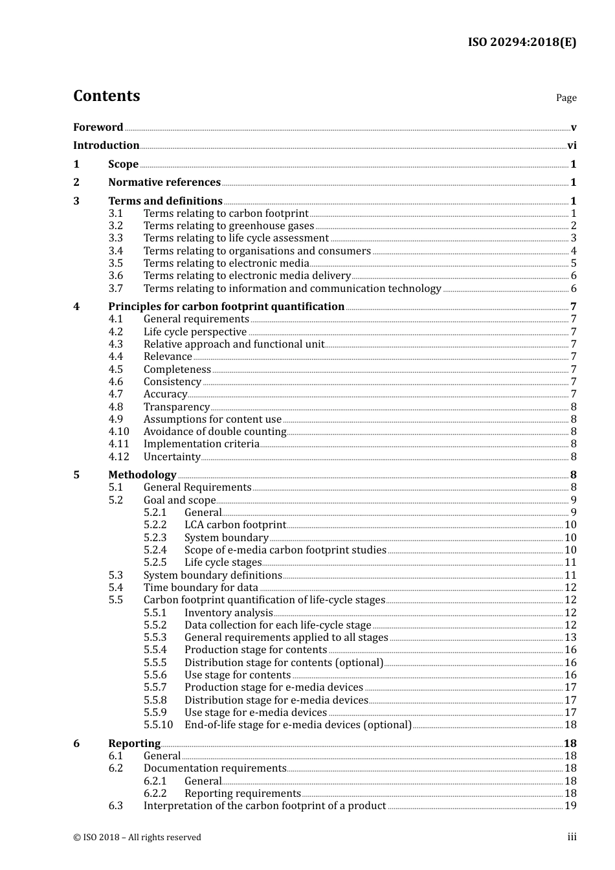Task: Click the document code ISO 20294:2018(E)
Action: [522, 42]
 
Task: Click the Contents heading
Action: [106, 96]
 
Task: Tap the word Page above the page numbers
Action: [566, 98]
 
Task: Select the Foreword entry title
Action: [98, 128]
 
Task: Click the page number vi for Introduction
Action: [572, 146]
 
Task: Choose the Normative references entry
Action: [164, 183]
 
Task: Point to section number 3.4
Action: [115, 251]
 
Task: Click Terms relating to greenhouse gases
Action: [229, 226]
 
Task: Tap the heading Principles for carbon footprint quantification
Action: [226, 307]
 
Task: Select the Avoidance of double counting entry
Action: [215, 432]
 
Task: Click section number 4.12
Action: [118, 457]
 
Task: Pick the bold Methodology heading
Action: [142, 475]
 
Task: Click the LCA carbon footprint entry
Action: [235, 525]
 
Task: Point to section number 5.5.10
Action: [158, 725]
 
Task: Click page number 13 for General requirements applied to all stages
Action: [570, 638]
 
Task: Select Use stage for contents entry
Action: [238, 675]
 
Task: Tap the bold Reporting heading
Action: [134, 744]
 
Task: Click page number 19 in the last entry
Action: [570, 806]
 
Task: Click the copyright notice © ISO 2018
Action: [137, 838]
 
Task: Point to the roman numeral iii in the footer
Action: [572, 837]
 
